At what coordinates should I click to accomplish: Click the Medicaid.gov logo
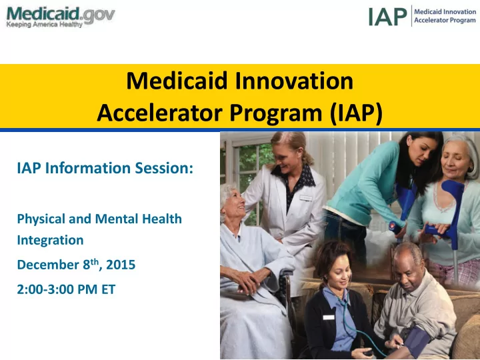tap(60, 17)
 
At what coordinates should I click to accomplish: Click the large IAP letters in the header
tap(387, 17)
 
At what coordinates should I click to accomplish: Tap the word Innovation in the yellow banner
tap(294, 81)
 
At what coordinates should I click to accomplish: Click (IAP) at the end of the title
tap(356, 113)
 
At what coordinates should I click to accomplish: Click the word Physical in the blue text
tap(41, 219)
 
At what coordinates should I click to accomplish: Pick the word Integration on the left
tap(50, 240)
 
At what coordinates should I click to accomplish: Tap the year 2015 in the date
tap(121, 265)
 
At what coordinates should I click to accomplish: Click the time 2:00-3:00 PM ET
tap(66, 289)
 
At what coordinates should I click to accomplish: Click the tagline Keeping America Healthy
tap(45, 25)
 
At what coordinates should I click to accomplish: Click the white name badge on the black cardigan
tap(329, 317)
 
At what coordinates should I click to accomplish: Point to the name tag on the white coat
tap(306, 199)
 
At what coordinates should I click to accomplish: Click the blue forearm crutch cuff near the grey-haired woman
tap(454, 190)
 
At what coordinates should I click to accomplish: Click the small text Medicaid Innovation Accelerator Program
tap(445, 16)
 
